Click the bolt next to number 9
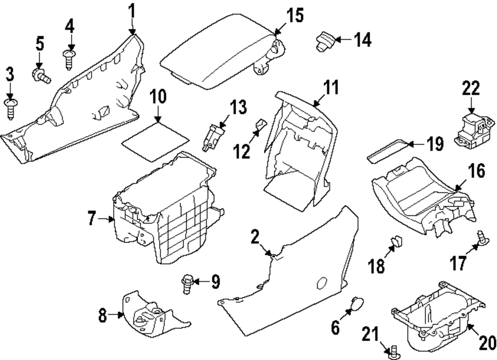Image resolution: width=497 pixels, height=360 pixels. coord(189,282)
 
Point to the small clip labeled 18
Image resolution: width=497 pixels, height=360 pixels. coord(396,243)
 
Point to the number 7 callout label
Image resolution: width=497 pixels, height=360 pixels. coord(92,219)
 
